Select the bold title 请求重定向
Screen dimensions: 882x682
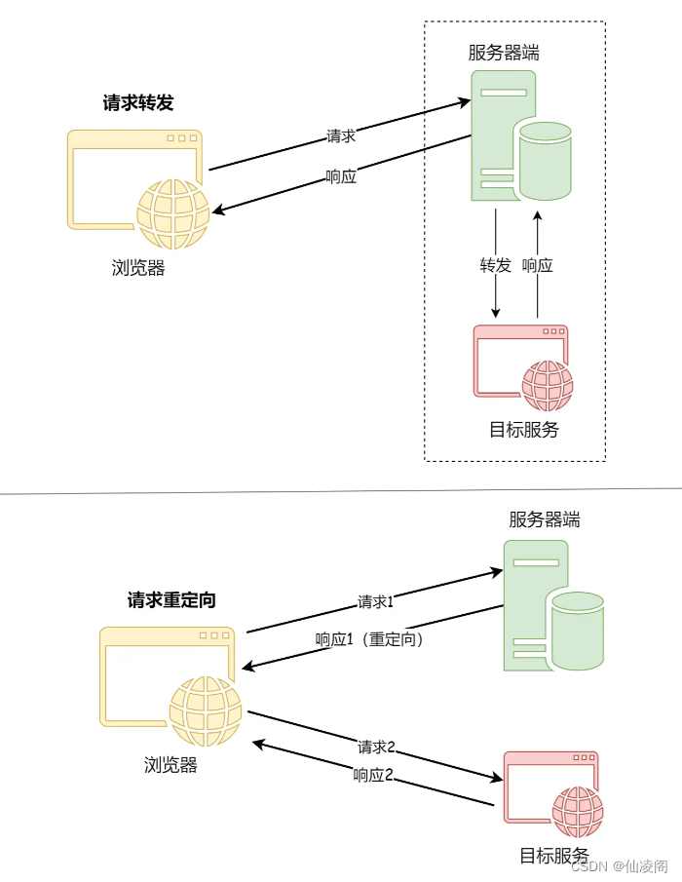click(171, 600)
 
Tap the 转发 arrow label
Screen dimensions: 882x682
click(496, 265)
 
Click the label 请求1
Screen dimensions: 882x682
click(376, 601)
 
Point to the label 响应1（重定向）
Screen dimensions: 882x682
click(369, 640)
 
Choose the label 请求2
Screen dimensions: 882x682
click(376, 748)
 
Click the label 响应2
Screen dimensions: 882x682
click(373, 776)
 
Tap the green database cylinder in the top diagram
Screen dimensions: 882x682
click(545, 160)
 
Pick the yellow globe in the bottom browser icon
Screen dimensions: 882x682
click(205, 711)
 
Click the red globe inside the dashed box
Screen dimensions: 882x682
click(547, 386)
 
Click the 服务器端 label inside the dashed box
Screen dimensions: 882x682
click(504, 54)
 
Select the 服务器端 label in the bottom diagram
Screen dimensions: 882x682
click(544, 520)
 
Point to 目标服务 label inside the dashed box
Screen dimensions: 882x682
click(524, 429)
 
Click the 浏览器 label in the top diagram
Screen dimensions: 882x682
click(138, 268)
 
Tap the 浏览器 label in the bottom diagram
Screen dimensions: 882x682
click(170, 765)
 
